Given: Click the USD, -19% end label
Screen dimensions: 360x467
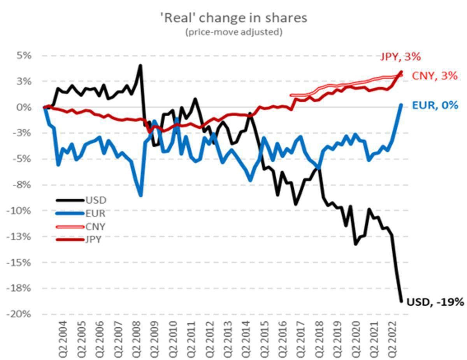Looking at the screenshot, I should tap(435, 302).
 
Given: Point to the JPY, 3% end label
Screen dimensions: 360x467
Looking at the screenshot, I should tap(400, 57).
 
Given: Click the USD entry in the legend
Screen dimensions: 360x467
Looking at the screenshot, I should tap(96, 201).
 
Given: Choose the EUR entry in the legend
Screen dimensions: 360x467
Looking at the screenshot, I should tap(96, 213).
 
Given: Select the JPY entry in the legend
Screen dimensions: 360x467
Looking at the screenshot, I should tap(94, 239).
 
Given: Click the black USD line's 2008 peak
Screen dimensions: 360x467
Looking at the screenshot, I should tap(140, 65).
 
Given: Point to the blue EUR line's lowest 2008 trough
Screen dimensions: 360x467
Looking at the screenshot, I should tap(140, 196).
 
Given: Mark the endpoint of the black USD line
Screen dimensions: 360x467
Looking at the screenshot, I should tap(402, 301).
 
